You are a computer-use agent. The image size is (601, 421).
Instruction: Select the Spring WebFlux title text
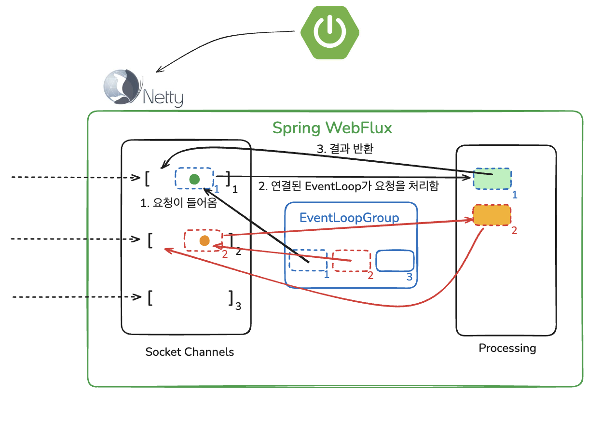point(332,128)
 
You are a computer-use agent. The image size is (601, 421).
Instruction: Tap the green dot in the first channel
point(194,179)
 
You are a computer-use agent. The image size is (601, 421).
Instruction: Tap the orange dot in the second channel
point(204,240)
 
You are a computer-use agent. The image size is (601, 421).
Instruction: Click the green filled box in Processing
point(492,179)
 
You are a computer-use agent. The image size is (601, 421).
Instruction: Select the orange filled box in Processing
point(492,215)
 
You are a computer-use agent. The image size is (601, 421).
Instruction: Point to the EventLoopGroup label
point(349,217)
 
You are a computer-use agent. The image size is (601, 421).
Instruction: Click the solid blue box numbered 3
point(395,261)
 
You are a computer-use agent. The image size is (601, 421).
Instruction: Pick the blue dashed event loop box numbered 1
point(308,261)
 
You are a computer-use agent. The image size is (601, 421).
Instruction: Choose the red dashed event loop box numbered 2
point(352,261)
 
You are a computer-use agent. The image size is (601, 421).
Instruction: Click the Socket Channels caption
point(190,352)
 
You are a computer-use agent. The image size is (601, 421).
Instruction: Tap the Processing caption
point(507,348)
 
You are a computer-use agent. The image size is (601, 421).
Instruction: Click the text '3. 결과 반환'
point(345,149)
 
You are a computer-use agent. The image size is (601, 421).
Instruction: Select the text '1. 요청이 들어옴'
point(178,203)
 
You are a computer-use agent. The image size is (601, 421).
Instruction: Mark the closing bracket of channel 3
point(231,298)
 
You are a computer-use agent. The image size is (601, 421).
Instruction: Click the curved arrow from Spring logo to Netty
point(217,48)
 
